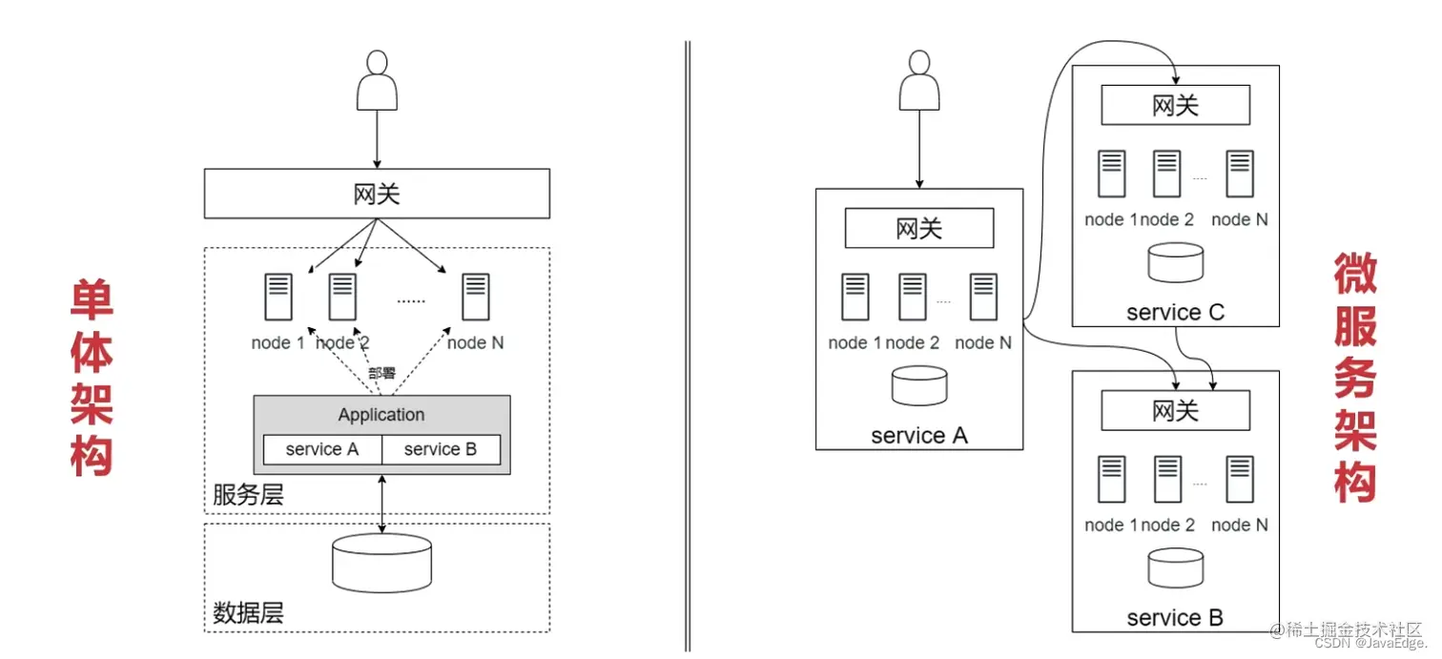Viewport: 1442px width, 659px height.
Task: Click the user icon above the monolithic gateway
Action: [x=377, y=81]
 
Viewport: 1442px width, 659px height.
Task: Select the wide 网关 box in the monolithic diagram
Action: [x=377, y=194]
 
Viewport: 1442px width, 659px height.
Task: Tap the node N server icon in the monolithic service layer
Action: [x=475, y=297]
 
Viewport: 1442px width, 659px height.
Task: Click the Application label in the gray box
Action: [x=381, y=415]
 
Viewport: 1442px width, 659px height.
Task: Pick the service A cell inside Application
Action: [x=322, y=449]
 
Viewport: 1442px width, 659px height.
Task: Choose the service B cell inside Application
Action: [x=441, y=449]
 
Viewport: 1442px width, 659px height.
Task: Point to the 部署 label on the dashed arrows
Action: [x=381, y=373]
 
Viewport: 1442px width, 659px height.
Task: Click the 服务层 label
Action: [x=248, y=496]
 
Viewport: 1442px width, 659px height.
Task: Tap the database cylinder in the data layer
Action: [x=381, y=563]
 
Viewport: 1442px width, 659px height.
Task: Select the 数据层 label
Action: [x=248, y=613]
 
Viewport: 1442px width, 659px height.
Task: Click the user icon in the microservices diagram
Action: [x=919, y=81]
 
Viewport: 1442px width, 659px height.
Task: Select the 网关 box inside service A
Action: [x=919, y=229]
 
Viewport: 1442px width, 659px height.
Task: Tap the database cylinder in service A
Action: [x=919, y=383]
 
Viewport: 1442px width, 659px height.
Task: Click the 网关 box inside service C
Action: [x=1175, y=105]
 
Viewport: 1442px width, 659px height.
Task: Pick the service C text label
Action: [x=1175, y=312]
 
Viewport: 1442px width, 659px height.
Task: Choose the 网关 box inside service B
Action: [x=1175, y=411]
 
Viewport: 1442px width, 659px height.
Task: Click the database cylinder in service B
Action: [x=1175, y=566]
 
